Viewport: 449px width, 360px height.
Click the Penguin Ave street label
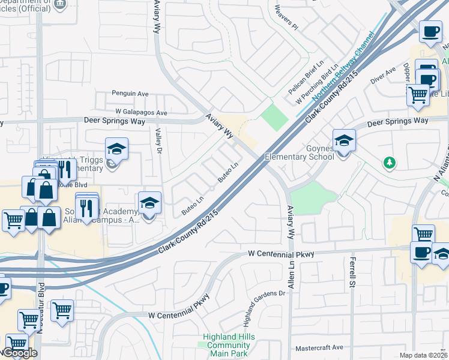(x=130, y=94)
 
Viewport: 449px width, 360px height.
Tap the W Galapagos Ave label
(x=142, y=112)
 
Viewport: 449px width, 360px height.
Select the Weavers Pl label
(x=286, y=17)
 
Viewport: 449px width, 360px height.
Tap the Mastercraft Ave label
(x=319, y=347)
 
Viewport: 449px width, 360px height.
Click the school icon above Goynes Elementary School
(x=344, y=142)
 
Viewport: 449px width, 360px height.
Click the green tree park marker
(x=390, y=162)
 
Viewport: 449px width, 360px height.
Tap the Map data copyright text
(x=423, y=355)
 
